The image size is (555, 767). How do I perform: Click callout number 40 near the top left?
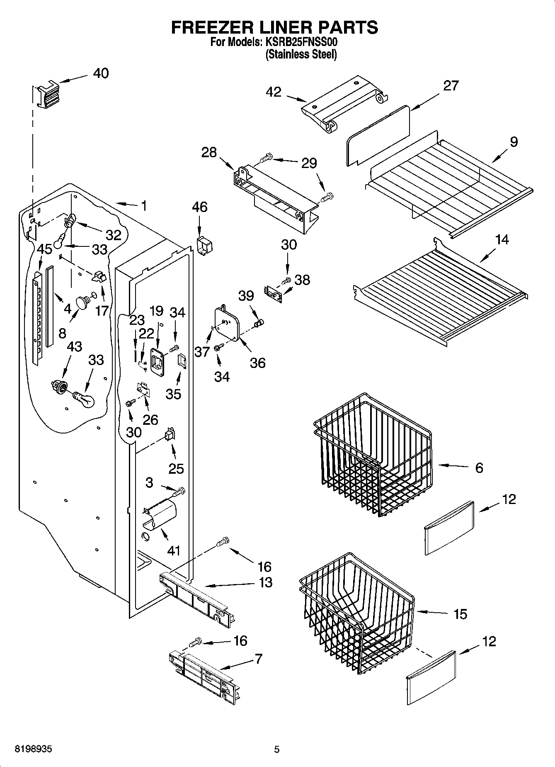click(101, 73)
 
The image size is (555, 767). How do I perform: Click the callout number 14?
click(502, 240)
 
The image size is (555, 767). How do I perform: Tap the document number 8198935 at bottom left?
click(33, 750)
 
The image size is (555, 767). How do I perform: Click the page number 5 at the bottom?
click(277, 750)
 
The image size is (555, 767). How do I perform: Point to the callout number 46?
click(200, 207)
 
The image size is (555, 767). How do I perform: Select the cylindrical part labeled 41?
click(160, 516)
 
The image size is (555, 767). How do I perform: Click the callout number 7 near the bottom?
click(258, 659)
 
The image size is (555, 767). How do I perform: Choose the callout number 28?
click(209, 153)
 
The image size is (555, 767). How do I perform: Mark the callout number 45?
click(44, 249)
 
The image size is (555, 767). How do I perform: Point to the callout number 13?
click(265, 582)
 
